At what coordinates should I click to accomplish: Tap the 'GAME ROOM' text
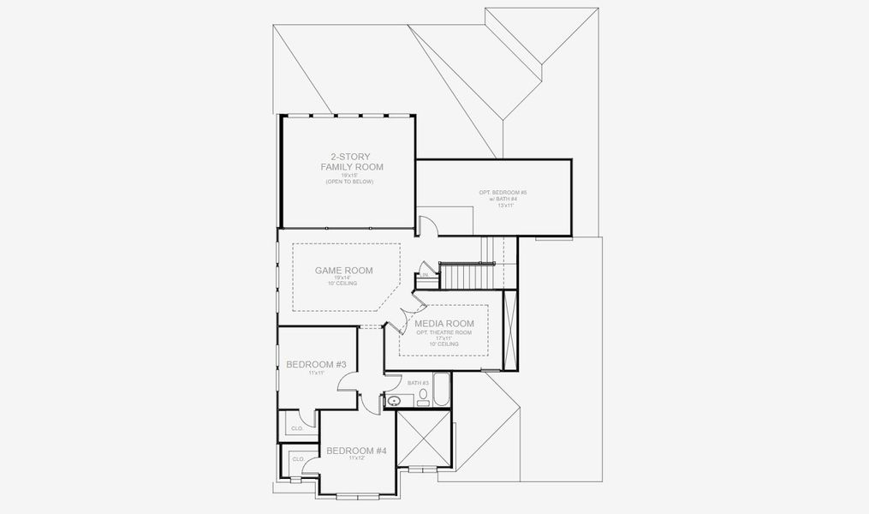[343, 271]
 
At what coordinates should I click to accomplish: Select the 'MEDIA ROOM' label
[443, 324]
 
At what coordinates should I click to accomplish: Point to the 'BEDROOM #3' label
[316, 365]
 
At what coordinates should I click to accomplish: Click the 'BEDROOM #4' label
[357, 451]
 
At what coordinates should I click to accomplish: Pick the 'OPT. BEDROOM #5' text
[503, 193]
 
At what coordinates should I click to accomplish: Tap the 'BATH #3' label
[418, 383]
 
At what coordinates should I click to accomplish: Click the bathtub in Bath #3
[441, 391]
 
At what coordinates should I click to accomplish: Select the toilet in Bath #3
[423, 396]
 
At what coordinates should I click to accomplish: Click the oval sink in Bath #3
[395, 400]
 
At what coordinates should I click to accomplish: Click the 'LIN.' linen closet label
[424, 276]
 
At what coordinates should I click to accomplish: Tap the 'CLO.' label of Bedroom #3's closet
[297, 427]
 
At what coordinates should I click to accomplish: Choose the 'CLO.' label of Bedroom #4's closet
[298, 459]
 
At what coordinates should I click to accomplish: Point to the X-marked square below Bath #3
[423, 437]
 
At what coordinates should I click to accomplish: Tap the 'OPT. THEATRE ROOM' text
[443, 332]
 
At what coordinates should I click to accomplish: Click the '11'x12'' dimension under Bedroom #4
[357, 459]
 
